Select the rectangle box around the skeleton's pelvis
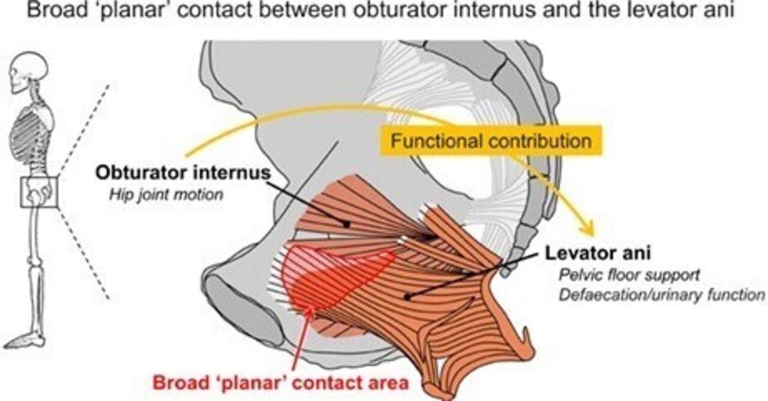[x=39, y=191]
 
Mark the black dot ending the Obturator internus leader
[x=347, y=223]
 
